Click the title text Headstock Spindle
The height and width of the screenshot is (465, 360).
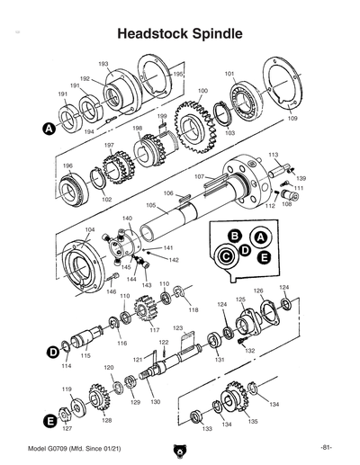tap(180, 34)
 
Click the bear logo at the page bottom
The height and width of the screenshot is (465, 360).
tap(180, 450)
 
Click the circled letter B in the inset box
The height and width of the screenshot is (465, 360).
tap(235, 236)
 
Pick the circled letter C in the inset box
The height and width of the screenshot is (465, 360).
tap(224, 255)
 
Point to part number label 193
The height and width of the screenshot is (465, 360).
tap(103, 64)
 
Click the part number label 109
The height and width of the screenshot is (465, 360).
tap(292, 119)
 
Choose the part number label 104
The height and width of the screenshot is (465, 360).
tap(89, 229)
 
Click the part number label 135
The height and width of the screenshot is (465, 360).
tap(253, 420)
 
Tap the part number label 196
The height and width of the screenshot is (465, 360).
tap(67, 165)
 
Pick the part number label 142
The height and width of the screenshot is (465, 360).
tap(174, 260)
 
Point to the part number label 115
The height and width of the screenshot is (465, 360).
tap(85, 356)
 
